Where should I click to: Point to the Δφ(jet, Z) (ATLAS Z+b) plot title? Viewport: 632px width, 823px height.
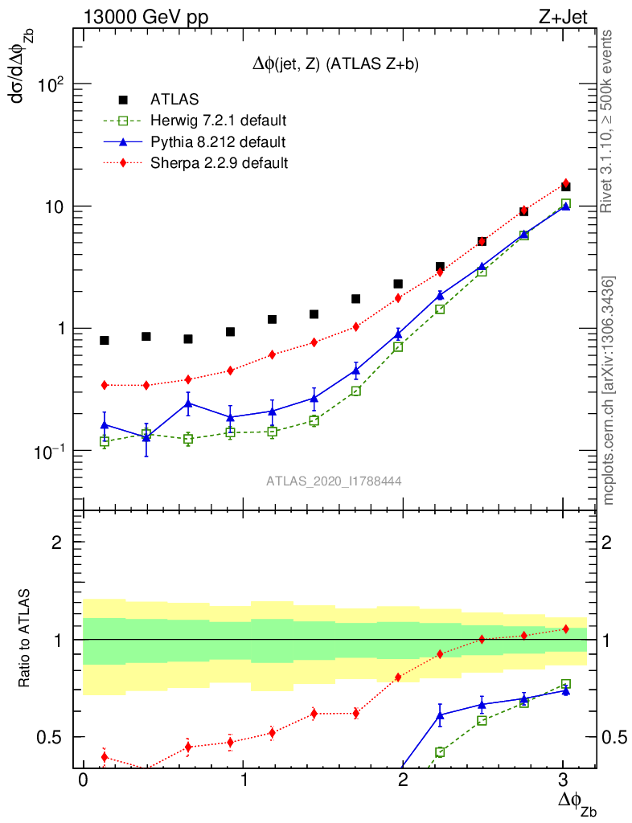pyautogui.click(x=335, y=64)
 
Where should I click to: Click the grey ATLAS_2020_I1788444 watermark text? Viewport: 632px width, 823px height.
pyautogui.click(x=334, y=481)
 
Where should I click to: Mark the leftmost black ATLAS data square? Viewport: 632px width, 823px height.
pyautogui.click(x=105, y=341)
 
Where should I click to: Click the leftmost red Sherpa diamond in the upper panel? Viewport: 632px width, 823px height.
pyautogui.click(x=105, y=385)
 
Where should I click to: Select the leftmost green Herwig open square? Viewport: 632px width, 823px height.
pyautogui.click(x=105, y=441)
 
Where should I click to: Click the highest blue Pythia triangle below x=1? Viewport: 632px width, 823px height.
pyautogui.click(x=188, y=403)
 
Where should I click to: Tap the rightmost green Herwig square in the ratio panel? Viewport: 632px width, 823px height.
pyautogui.click(x=566, y=684)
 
